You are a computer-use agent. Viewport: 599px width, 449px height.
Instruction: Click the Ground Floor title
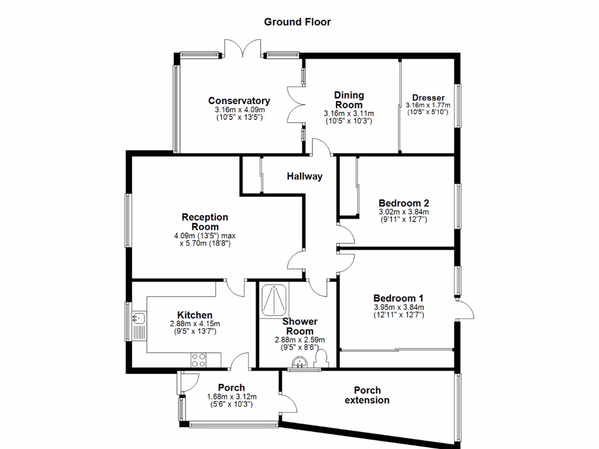(297, 22)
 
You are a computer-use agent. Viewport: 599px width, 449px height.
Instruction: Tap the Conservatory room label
(239, 101)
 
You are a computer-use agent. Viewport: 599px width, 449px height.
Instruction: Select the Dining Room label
(349, 99)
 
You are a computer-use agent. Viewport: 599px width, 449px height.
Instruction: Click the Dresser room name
(428, 98)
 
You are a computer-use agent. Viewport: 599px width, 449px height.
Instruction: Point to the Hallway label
(304, 176)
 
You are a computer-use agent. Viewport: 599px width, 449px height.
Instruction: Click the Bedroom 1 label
(398, 298)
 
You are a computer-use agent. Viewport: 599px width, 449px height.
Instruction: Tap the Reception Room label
(205, 222)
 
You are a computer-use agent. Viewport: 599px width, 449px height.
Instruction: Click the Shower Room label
(300, 326)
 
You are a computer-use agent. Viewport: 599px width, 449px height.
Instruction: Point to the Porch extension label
(367, 395)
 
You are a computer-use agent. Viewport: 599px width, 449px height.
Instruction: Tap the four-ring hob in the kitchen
(198, 360)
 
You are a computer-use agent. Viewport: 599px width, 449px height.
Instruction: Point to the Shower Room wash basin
(299, 363)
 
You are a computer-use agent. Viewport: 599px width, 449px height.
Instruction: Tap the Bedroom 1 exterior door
(465, 310)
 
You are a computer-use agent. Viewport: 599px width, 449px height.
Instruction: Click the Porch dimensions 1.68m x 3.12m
(232, 397)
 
